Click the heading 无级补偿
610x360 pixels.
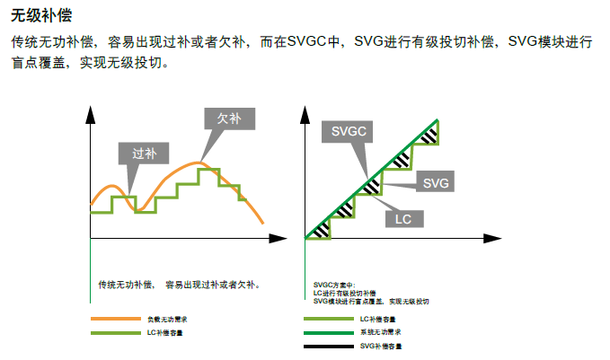click(x=41, y=16)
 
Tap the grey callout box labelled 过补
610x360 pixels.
click(x=144, y=153)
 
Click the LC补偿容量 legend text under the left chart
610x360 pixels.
click(x=166, y=333)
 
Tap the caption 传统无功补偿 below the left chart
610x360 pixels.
click(x=126, y=285)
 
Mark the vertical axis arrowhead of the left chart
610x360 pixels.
click(x=90, y=112)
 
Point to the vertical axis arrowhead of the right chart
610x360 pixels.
click(x=305, y=112)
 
